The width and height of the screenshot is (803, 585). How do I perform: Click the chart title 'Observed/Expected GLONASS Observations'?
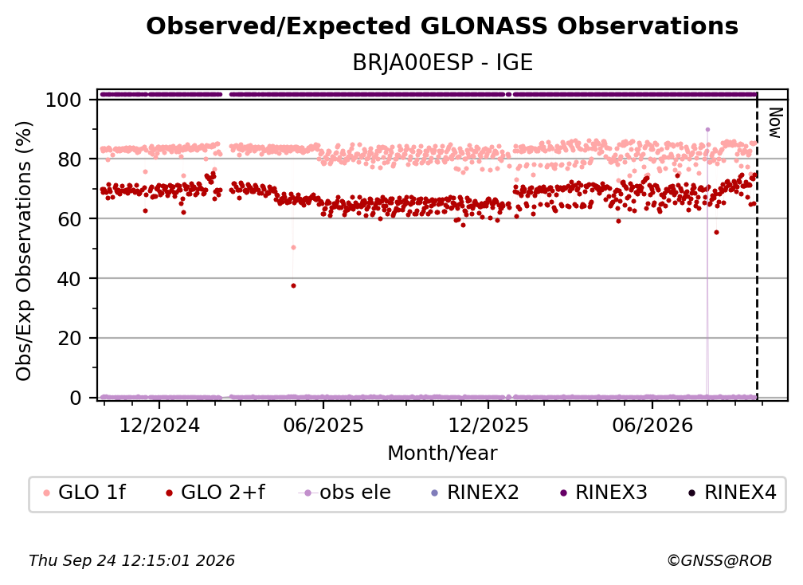pos(442,26)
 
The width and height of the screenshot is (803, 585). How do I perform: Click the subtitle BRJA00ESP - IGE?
pos(442,63)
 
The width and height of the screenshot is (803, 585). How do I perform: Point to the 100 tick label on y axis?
pos(63,100)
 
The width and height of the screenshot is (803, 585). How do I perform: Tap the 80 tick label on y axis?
pos(69,159)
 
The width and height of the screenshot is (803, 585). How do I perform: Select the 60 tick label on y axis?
pos(69,219)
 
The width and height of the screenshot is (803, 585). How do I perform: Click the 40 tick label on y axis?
pos(69,279)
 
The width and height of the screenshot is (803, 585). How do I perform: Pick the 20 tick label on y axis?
pos(69,339)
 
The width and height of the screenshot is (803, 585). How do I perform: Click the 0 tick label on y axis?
pos(75,398)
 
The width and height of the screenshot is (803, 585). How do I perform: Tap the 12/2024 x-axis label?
pos(159,426)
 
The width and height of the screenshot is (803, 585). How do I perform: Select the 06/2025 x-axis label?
pos(323,426)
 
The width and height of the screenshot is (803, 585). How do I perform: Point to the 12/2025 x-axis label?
pos(488,426)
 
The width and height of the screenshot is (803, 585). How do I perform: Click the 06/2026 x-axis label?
pos(652,426)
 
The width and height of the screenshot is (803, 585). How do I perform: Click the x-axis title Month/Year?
pos(442,453)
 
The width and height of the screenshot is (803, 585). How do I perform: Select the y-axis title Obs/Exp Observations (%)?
pos(24,251)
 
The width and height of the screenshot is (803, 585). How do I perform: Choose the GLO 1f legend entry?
pos(84,493)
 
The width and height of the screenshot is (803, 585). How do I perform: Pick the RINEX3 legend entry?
pos(603,493)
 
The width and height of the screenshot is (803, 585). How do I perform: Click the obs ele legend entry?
pos(345,493)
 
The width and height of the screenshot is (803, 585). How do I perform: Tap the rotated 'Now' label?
pos(775,123)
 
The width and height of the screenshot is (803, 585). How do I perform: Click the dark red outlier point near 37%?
pos(293,286)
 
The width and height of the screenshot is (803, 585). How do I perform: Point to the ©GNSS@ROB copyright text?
pos(719,561)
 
